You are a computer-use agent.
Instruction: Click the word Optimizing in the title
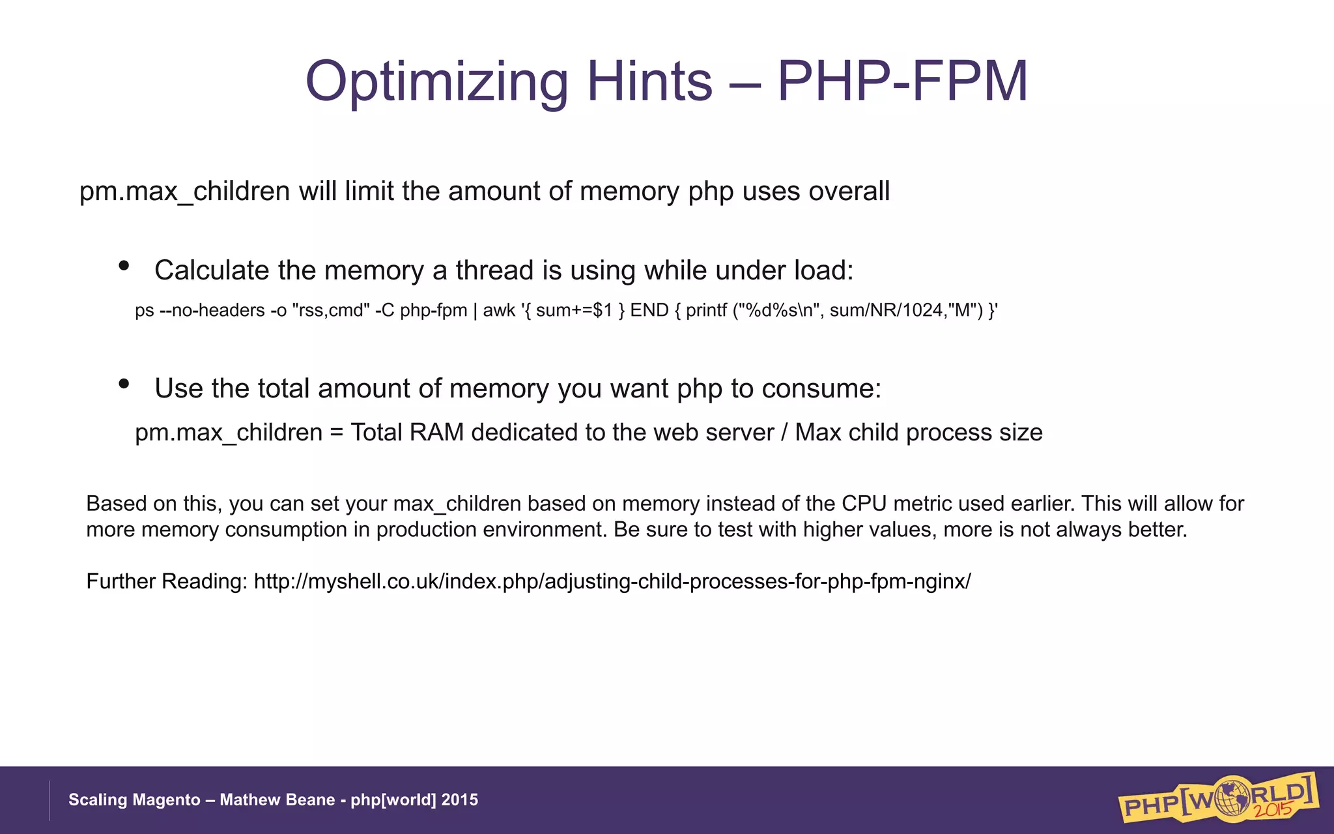coord(436,82)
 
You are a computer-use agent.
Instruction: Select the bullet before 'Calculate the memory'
coord(124,265)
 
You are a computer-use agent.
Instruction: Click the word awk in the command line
coord(499,310)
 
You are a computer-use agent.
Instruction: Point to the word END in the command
coord(649,310)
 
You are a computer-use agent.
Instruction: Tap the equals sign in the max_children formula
coord(336,433)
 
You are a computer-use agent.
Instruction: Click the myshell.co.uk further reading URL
coord(612,581)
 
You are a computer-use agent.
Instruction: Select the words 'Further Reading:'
coord(167,581)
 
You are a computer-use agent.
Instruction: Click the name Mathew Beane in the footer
coord(277,800)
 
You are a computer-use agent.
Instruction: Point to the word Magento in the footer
coord(169,800)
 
